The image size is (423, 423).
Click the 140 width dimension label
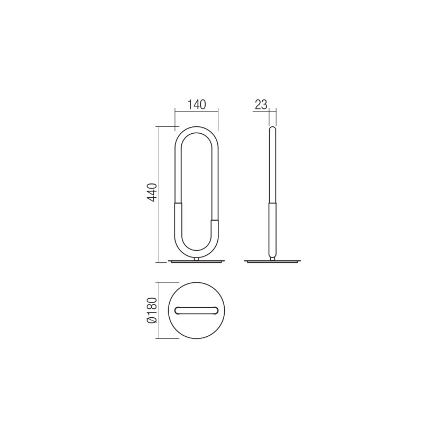pos(196,104)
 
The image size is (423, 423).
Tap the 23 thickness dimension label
pos(261,104)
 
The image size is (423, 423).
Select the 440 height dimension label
pos(152,194)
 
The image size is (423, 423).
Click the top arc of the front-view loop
pos(196,128)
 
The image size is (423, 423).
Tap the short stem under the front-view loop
pos(197,259)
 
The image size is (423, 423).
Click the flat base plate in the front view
pos(197,262)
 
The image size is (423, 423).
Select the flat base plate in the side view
pos(273,262)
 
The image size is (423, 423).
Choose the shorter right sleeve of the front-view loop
pos(215,233)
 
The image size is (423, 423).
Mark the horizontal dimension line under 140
pos(196,111)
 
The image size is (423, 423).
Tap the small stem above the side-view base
pos(273,258)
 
